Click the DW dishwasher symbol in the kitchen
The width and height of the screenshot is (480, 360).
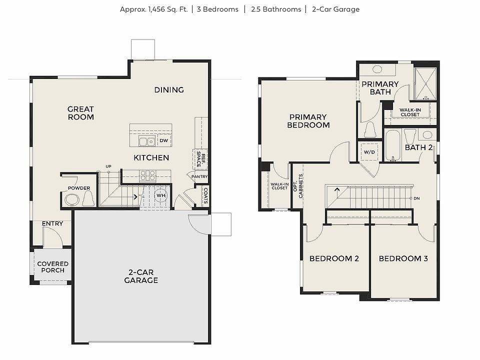pos(163,141)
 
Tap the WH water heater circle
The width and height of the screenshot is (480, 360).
pos(160,195)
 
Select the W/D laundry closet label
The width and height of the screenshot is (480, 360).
pos(369,151)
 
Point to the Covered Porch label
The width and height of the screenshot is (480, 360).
pos(52,267)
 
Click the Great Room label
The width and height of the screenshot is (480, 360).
pos(80,113)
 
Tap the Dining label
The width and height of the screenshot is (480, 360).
pos(169,90)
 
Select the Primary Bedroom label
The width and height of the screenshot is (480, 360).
pos(308,121)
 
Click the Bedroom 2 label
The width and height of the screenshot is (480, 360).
pos(334,258)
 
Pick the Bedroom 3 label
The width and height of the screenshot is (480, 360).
pos(403,258)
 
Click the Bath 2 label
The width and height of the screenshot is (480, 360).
pos(418,147)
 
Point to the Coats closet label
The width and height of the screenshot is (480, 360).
pos(205,195)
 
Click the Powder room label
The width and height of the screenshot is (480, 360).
pos(79,188)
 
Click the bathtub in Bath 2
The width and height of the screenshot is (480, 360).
pos(392,145)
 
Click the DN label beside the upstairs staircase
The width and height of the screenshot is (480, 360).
pos(416,198)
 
